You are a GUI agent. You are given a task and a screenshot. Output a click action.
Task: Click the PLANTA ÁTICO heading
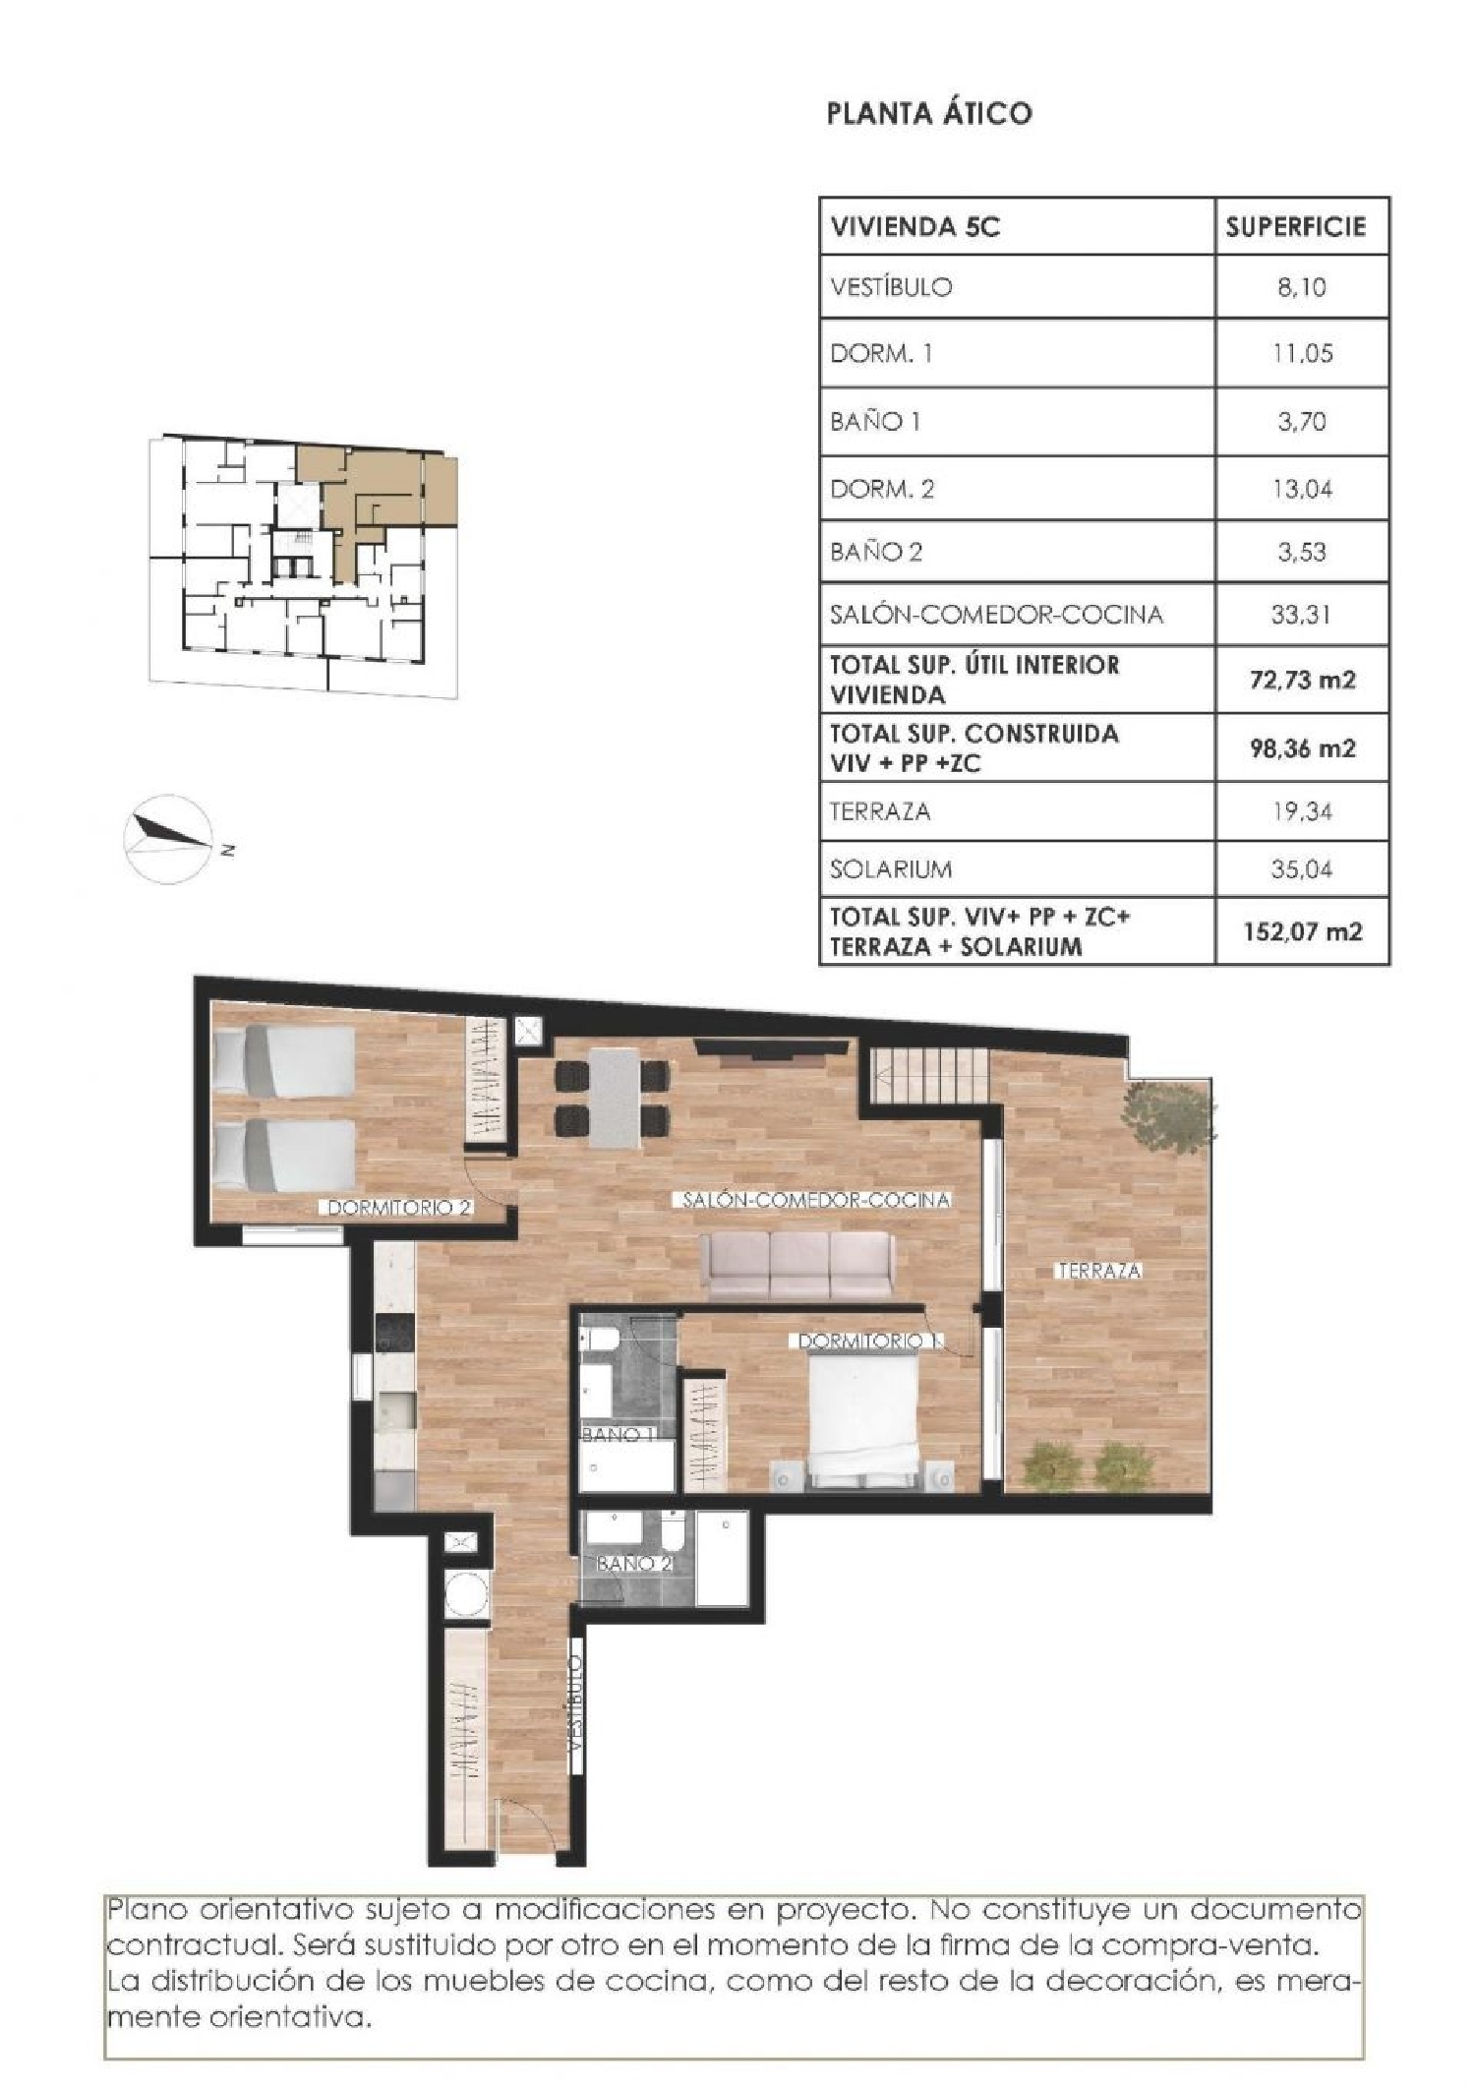tap(929, 114)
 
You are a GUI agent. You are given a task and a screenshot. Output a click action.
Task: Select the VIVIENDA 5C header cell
tap(915, 227)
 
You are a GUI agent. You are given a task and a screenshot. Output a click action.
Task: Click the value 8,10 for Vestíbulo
tap(1301, 287)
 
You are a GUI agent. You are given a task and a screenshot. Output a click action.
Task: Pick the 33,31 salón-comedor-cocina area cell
tap(1301, 615)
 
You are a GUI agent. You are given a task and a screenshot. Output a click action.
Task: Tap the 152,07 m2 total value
tap(1302, 931)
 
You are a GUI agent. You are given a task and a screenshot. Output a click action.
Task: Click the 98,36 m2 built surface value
tap(1302, 748)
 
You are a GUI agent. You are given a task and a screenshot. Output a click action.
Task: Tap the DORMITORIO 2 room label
tap(399, 1208)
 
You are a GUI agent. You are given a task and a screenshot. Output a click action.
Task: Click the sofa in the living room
tap(797, 1265)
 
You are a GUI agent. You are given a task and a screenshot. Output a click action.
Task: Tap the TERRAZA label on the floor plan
tap(1098, 1271)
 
